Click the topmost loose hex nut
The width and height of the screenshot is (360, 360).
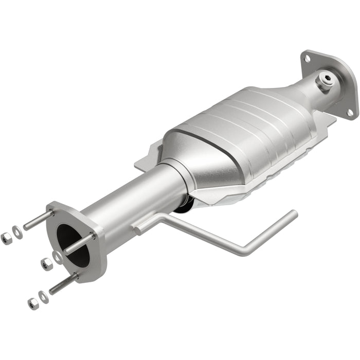[x=7, y=238]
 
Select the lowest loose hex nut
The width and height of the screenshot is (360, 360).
[x=33, y=303]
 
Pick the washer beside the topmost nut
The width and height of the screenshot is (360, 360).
[x=18, y=232]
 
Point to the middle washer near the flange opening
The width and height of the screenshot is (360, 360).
[x=57, y=258]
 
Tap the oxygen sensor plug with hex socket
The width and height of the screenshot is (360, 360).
[x=326, y=80]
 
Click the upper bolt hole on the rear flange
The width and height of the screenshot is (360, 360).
[x=307, y=59]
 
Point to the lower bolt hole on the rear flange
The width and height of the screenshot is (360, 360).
[x=350, y=112]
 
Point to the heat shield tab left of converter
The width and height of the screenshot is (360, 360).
[x=147, y=159]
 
